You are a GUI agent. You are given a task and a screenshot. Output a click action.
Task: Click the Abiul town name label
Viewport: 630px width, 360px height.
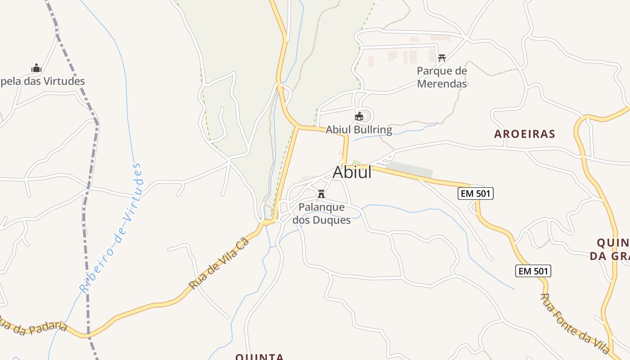[352, 172]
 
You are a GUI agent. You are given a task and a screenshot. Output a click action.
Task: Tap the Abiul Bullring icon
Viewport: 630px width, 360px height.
[359, 117]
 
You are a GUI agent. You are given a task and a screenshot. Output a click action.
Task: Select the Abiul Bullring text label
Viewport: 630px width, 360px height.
[359, 130]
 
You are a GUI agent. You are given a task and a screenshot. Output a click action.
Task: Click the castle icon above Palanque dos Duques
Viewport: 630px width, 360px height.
[321, 194]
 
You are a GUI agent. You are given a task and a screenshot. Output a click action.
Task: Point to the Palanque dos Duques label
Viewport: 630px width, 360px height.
[322, 214]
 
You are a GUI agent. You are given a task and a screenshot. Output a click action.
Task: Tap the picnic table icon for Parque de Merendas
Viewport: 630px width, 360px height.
[442, 58]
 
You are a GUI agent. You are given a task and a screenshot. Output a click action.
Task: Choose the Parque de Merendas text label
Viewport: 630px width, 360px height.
[442, 77]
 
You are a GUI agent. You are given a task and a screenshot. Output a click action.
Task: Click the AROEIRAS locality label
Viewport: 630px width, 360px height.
[524, 134]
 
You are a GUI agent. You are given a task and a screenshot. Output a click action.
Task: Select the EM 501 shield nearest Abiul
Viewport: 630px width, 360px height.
[476, 193]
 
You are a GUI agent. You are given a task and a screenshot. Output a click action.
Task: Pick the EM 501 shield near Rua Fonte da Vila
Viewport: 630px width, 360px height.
[533, 271]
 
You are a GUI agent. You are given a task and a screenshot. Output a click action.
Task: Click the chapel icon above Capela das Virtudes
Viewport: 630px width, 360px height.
[36, 68]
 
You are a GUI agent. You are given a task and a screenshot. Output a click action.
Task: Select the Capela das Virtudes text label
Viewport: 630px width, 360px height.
[43, 81]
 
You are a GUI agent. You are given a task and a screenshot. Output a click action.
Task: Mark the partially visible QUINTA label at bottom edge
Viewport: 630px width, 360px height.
[260, 356]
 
